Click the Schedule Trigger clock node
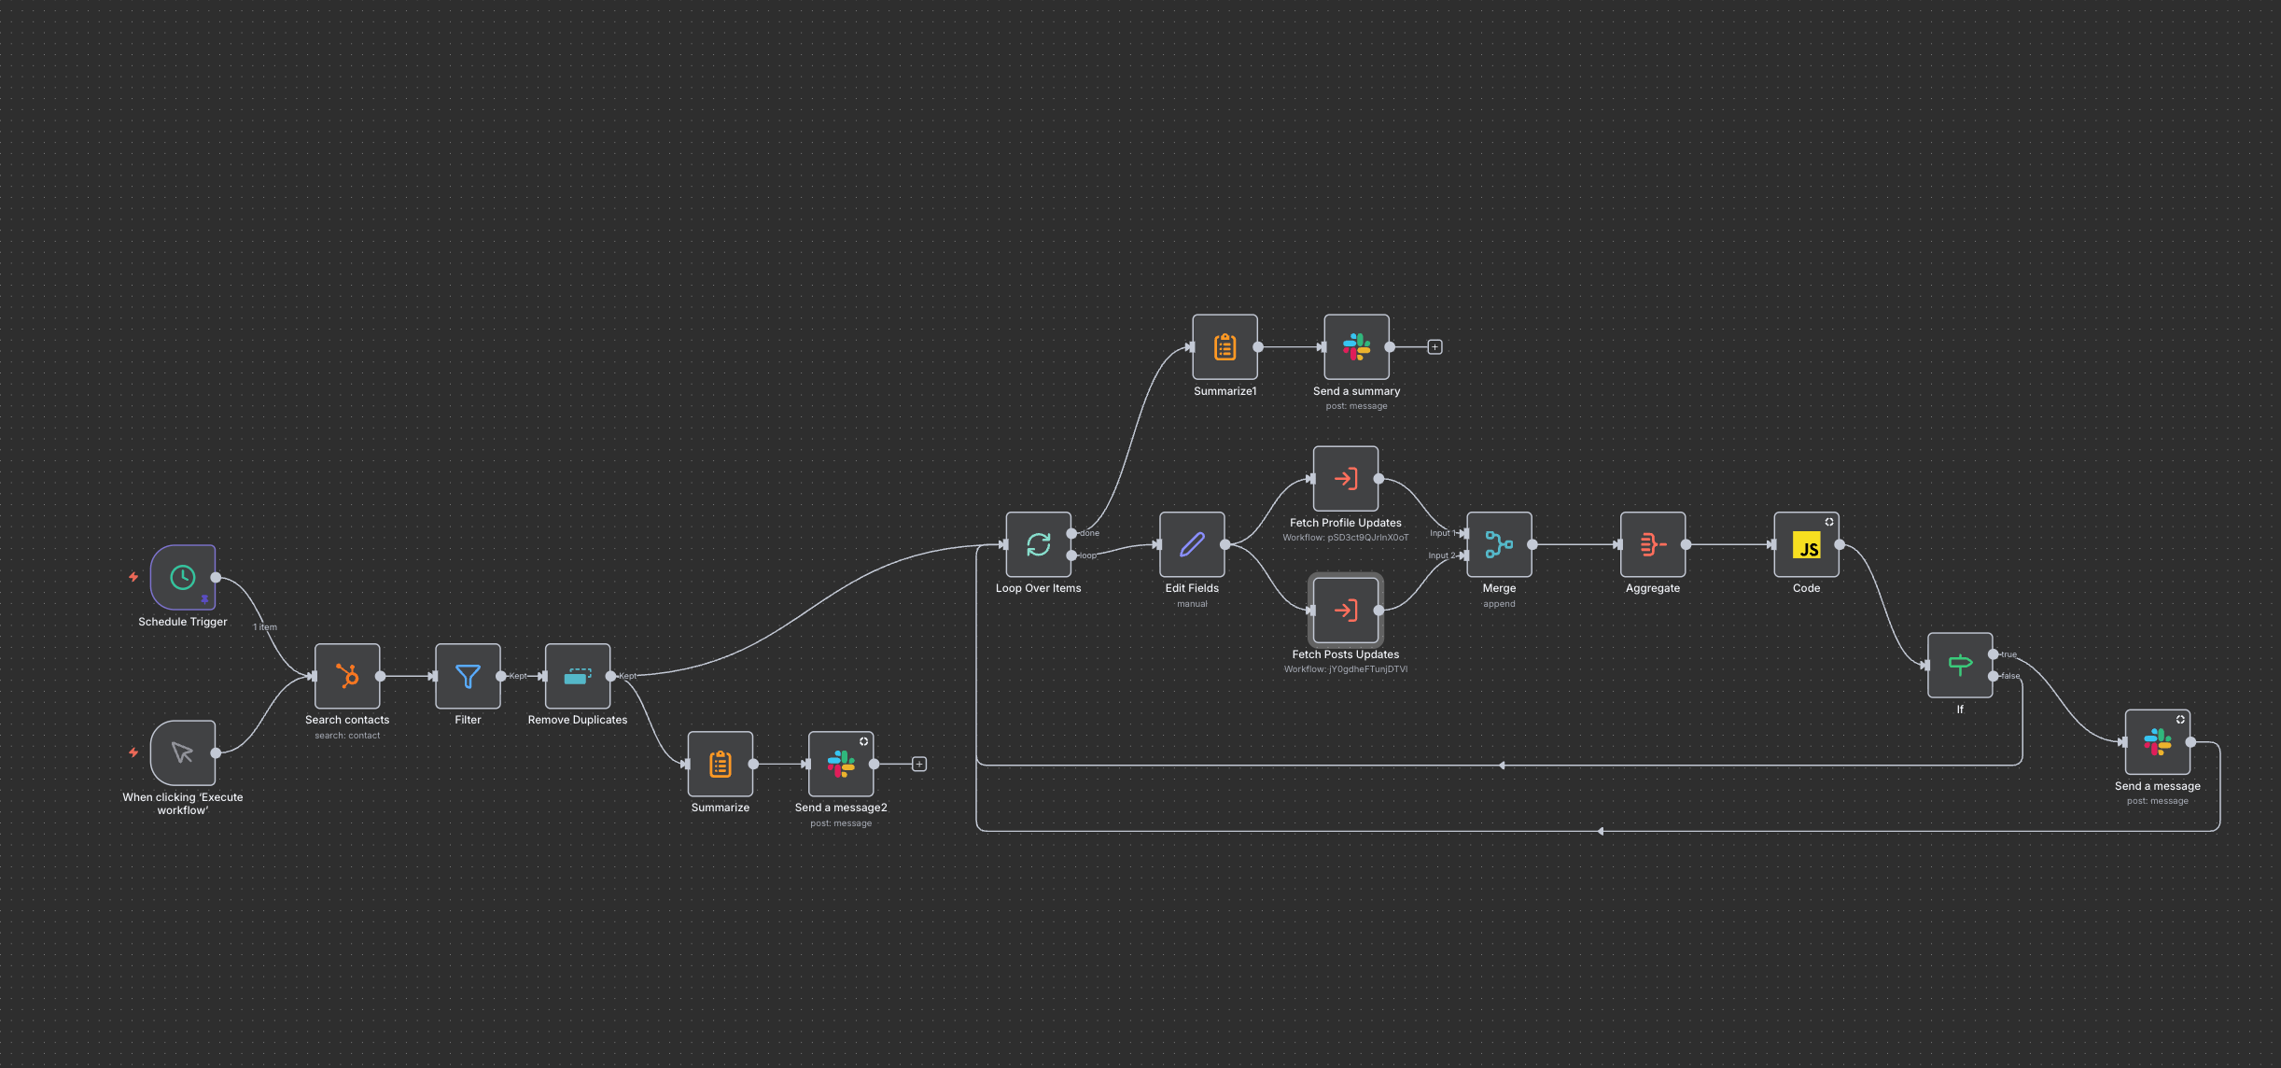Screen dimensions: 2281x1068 pyautogui.click(x=183, y=578)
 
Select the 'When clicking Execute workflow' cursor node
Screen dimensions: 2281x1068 pyautogui.click(x=183, y=752)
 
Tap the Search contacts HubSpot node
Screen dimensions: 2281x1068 pyautogui.click(x=347, y=676)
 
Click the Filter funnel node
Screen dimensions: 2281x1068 pyautogui.click(x=468, y=676)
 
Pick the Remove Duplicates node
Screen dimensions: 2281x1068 pyautogui.click(x=578, y=676)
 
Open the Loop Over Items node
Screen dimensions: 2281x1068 pyautogui.click(x=1038, y=544)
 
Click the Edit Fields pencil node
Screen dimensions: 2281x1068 pyautogui.click(x=1192, y=544)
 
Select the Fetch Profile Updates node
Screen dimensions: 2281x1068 pyautogui.click(x=1345, y=479)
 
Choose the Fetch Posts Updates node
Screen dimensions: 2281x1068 pyautogui.click(x=1345, y=611)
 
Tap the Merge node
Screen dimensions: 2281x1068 pyautogui.click(x=1499, y=544)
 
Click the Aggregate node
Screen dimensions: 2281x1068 pyautogui.click(x=1653, y=544)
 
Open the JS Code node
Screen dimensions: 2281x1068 pyautogui.click(x=1806, y=544)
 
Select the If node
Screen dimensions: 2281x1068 pyautogui.click(x=1960, y=665)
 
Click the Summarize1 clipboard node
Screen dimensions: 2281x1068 pyautogui.click(x=1224, y=347)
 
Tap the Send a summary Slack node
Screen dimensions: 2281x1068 pyautogui.click(x=1356, y=347)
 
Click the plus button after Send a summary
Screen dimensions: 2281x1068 pyautogui.click(x=1434, y=347)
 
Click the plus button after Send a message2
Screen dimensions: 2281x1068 pyautogui.click(x=919, y=765)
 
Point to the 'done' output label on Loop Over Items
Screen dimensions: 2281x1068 pyautogui.click(x=1090, y=533)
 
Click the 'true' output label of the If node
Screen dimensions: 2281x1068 pyautogui.click(x=2008, y=654)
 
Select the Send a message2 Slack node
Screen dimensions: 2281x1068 pyautogui.click(x=841, y=765)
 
